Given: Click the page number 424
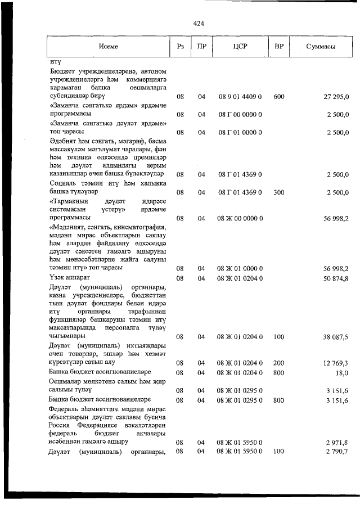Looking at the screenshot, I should [x=198, y=24].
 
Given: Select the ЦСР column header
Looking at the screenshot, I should [x=240, y=47].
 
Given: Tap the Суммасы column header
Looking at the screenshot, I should [x=321, y=47].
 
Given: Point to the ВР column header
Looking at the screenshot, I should [x=278, y=47].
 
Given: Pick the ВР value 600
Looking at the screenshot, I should [x=278, y=97].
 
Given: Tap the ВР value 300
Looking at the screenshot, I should [x=278, y=192].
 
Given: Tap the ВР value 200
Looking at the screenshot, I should [x=278, y=363].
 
